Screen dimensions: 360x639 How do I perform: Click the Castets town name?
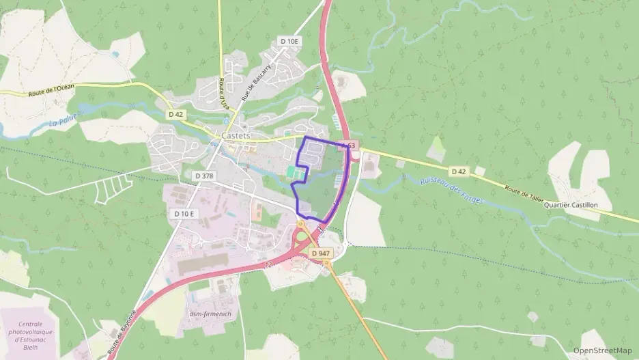236,136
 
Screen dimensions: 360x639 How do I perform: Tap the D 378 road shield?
203,176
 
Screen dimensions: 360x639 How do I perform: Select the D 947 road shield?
320,253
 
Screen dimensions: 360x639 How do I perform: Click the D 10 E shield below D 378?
184,214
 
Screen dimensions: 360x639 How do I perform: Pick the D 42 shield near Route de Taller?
458,171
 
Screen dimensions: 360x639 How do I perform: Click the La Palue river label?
65,119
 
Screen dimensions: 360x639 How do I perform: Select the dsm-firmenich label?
210,314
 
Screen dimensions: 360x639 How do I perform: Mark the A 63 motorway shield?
347,146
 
